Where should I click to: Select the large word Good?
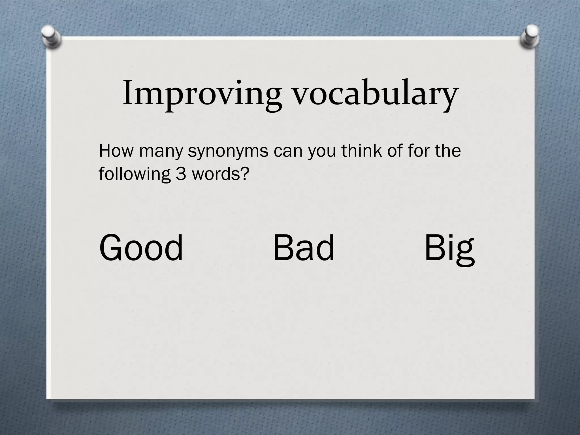(141, 248)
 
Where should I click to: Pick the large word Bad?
(304, 248)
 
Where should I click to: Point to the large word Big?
(449, 249)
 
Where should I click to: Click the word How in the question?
(116, 151)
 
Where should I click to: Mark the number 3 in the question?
(181, 174)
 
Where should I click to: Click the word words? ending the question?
(221, 174)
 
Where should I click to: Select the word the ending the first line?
(448, 150)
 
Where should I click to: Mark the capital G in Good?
(110, 248)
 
